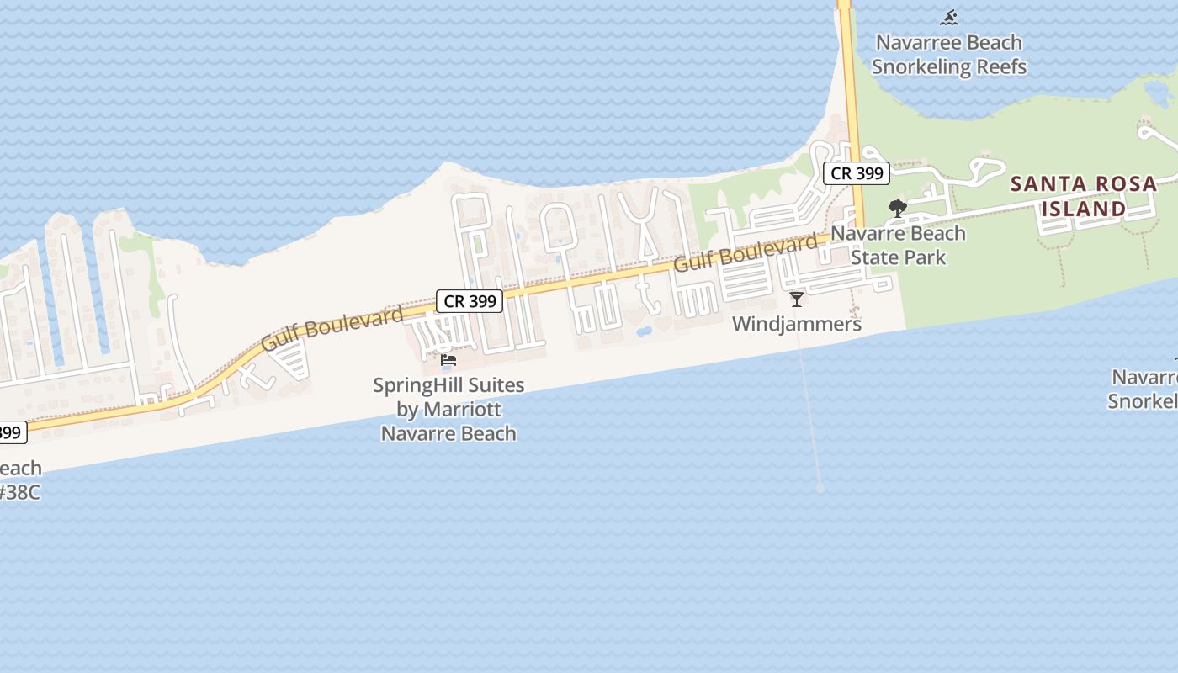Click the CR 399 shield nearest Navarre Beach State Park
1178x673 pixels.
(x=856, y=173)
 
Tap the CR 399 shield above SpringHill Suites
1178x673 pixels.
(x=469, y=301)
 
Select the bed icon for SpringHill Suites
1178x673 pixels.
(x=448, y=360)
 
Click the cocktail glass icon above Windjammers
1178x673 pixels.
(x=797, y=299)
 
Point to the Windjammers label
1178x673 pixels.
(x=796, y=324)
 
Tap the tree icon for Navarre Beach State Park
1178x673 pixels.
(x=897, y=209)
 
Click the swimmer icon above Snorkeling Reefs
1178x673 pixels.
(x=949, y=18)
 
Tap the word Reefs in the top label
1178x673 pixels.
(x=999, y=66)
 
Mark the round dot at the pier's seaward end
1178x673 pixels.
(x=820, y=488)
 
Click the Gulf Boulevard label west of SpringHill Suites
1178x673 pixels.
(x=332, y=329)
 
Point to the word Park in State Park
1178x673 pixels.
(x=924, y=257)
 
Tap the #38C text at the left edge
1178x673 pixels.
(x=19, y=492)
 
